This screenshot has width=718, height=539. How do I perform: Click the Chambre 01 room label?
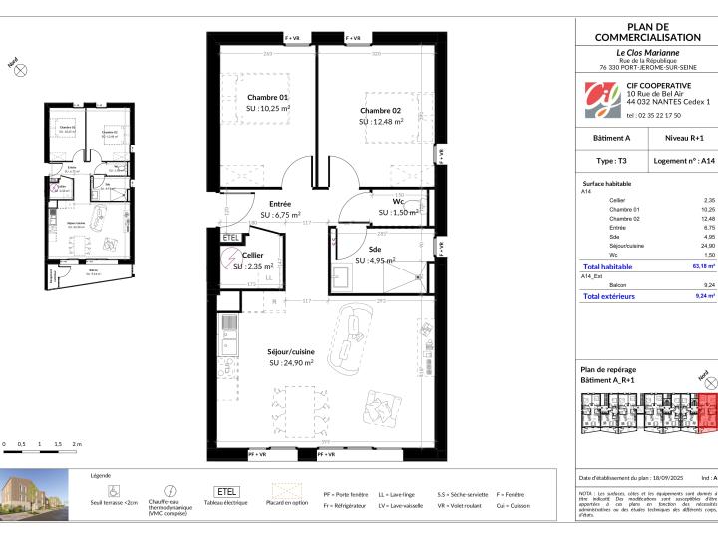(268, 97)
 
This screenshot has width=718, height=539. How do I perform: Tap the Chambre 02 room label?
(381, 110)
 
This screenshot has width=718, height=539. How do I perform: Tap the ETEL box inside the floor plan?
(231, 238)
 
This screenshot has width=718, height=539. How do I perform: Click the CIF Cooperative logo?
(601, 98)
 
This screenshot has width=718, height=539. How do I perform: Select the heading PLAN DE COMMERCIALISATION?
(648, 32)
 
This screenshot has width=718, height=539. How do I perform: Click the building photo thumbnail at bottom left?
(35, 495)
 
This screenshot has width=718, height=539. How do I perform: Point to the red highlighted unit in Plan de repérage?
(707, 410)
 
